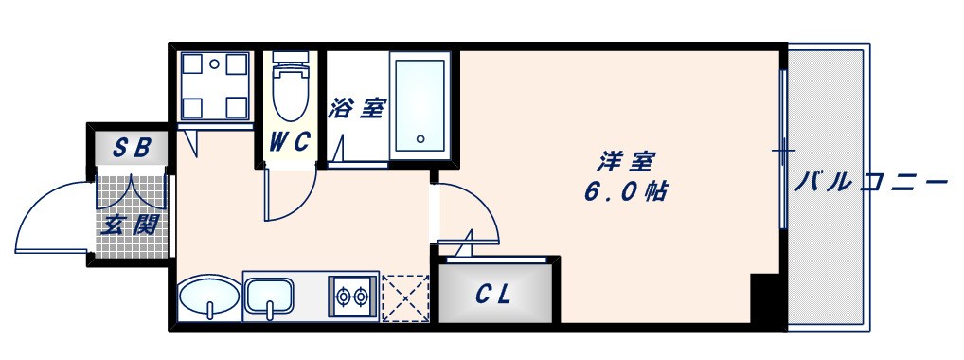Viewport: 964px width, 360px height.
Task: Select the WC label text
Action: pos(290,142)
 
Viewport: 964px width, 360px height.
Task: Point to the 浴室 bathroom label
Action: pos(356,108)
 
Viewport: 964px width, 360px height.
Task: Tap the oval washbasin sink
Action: pos(207,298)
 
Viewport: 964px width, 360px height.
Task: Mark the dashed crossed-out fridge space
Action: pos(405,298)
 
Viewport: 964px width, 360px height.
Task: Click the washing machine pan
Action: pos(216,86)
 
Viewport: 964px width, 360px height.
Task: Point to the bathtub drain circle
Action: pos(421,139)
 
